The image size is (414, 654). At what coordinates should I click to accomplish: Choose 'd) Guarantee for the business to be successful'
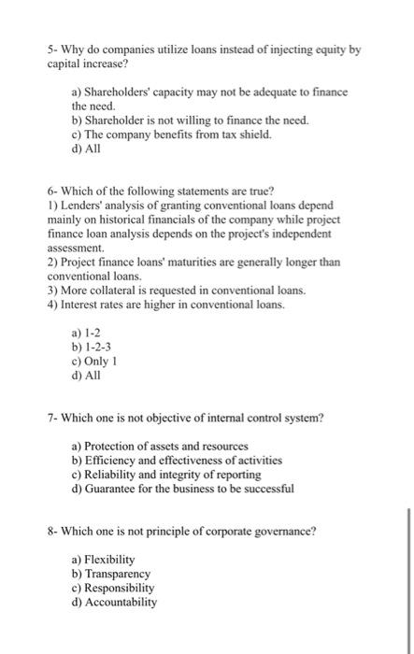pyautogui.click(x=182, y=488)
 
